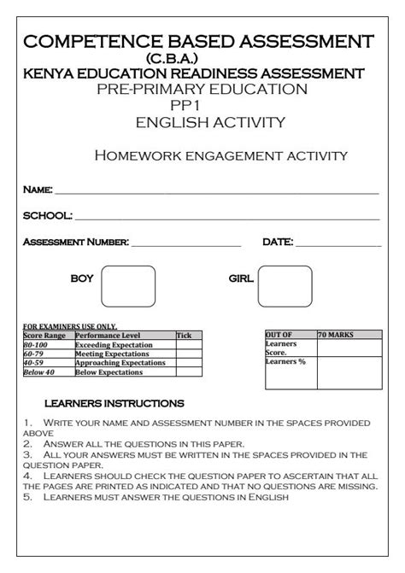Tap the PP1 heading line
tap(202, 106)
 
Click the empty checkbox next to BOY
tap(128, 286)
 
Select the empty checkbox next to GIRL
tap(285, 286)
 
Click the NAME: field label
tap(38, 189)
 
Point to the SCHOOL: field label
tap(47, 216)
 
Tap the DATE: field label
tap(278, 243)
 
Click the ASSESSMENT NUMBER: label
tap(75, 243)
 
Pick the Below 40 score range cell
tap(38, 372)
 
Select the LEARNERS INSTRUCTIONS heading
tap(114, 402)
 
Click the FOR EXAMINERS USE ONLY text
tap(69, 327)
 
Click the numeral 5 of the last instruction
tap(27, 496)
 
